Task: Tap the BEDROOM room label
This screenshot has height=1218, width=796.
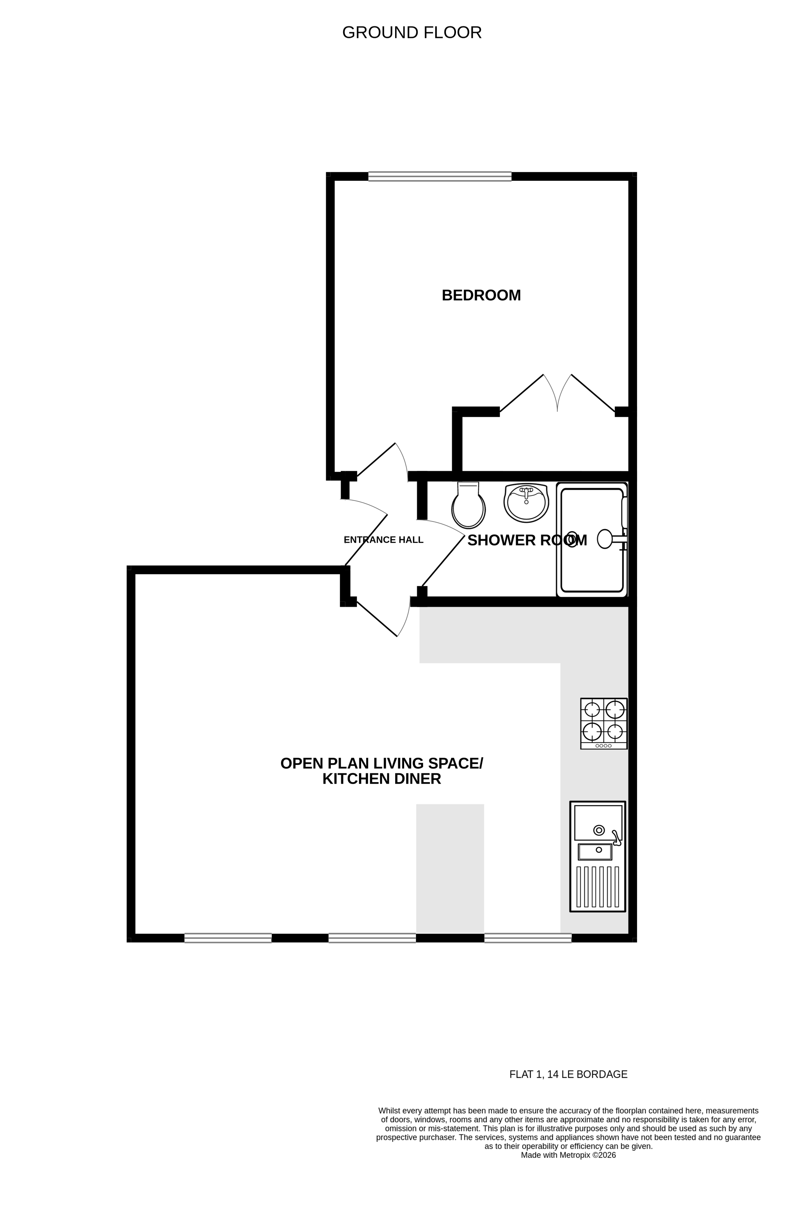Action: [x=481, y=295]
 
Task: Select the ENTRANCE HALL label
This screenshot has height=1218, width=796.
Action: [x=383, y=540]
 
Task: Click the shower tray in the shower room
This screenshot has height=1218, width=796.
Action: [x=592, y=539]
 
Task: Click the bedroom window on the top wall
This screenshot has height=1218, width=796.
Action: [x=440, y=176]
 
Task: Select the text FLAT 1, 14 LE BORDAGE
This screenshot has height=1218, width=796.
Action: [x=568, y=1074]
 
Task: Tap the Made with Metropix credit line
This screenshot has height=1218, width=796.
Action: [x=568, y=1155]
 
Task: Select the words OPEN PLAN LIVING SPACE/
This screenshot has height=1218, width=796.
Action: [x=382, y=763]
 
